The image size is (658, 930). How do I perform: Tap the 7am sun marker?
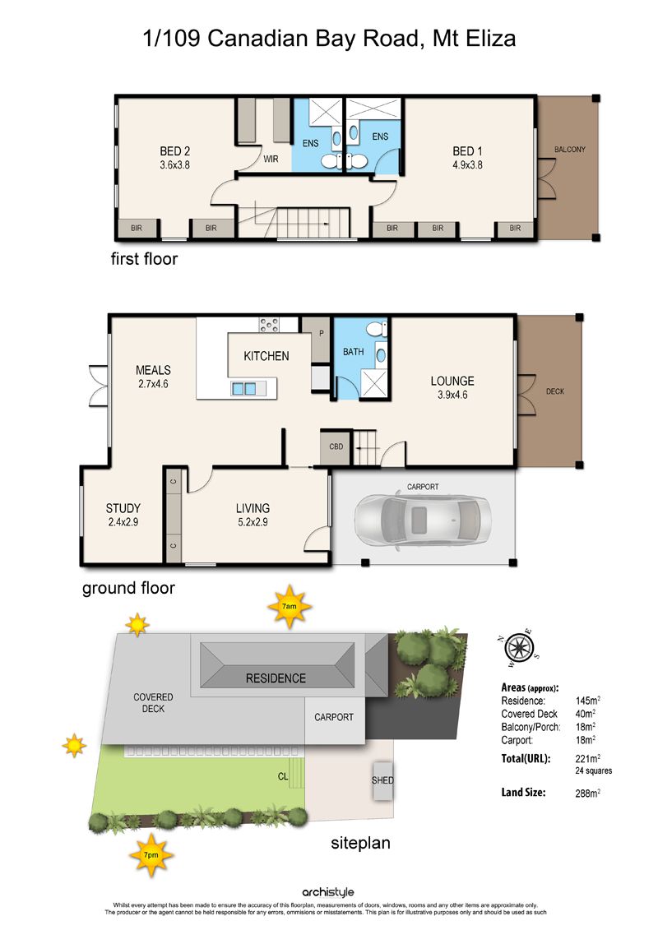289,607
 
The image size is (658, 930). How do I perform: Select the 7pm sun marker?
151,855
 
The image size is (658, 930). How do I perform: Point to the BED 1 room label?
467,151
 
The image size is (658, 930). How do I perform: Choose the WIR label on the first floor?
271,159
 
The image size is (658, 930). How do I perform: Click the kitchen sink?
243,389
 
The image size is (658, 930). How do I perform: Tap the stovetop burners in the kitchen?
269,325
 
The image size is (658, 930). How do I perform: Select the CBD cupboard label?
336,446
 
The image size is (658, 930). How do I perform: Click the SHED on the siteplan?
382,780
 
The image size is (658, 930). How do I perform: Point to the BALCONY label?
570,150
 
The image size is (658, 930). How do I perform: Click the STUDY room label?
123,508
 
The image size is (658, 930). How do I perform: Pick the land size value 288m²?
587,793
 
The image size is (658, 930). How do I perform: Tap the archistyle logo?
328,892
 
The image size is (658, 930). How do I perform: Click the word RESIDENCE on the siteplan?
276,678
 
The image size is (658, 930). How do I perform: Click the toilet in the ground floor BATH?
376,328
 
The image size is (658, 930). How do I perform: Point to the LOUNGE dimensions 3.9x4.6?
452,395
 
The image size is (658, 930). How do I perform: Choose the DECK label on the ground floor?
555,391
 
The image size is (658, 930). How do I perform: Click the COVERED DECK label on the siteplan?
153,703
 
